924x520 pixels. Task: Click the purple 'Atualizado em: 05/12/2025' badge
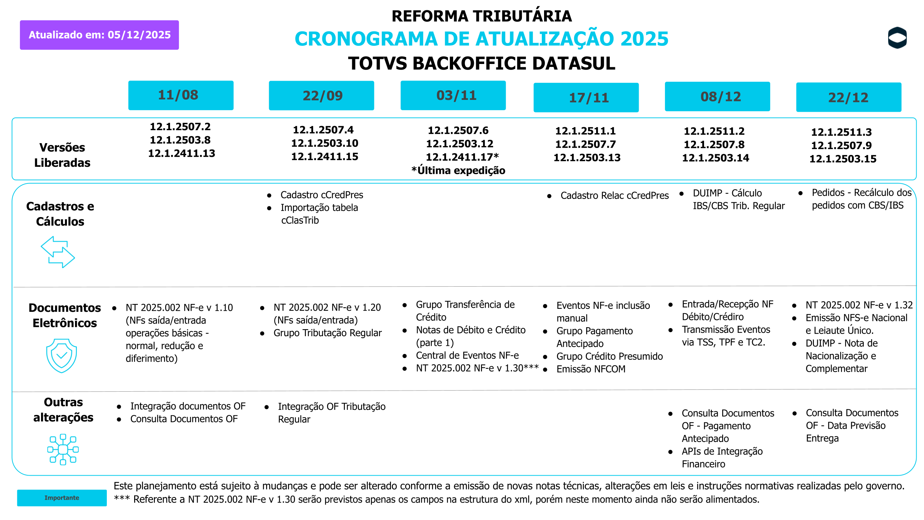point(99,35)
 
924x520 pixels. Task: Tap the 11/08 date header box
point(181,95)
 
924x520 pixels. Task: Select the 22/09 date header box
point(321,96)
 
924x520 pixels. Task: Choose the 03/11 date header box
point(453,95)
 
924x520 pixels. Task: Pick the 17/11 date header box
point(586,98)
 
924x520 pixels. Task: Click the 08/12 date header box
point(717,97)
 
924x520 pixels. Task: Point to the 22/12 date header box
point(848,97)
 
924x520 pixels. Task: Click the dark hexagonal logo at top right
point(897,38)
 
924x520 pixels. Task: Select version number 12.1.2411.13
point(181,153)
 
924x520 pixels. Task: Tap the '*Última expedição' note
point(458,170)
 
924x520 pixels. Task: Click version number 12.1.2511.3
point(841,132)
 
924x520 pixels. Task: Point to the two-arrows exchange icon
point(58,252)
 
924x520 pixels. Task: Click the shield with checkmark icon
point(61,355)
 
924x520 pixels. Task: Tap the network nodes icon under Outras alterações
point(63,449)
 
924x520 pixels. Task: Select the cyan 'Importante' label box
point(62,498)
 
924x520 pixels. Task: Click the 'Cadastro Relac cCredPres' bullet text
point(614,196)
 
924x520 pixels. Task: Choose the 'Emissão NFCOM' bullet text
point(591,369)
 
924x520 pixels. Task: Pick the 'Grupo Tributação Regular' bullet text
point(327,333)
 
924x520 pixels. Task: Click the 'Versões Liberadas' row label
point(62,155)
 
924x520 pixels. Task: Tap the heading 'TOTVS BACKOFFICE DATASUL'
point(481,64)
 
